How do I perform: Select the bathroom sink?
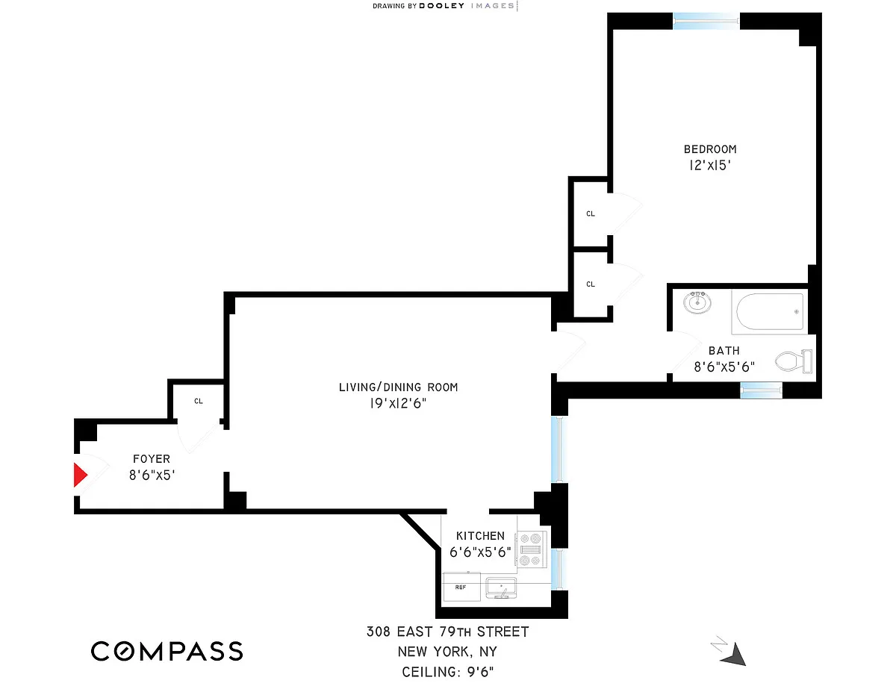697,302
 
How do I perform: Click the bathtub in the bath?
769,311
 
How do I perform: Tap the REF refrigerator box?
461,587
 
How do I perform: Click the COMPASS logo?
167,651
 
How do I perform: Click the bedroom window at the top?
706,21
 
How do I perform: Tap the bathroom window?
761,389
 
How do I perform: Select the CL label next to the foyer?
199,402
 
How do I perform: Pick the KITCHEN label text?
480,536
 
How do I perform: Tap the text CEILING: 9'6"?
448,672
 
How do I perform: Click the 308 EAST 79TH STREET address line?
447,632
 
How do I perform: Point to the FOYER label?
152,459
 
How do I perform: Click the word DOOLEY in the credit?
442,6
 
